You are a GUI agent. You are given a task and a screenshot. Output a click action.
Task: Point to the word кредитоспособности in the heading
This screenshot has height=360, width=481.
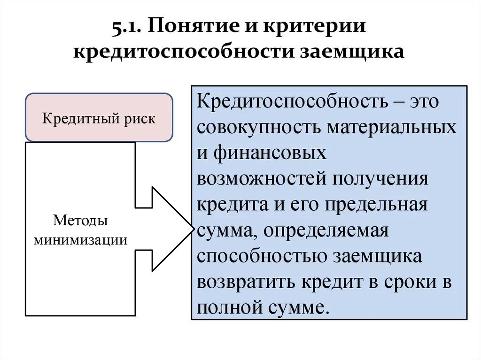click(x=183, y=51)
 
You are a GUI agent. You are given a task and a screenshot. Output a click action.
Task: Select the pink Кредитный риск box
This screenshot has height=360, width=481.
click(x=99, y=118)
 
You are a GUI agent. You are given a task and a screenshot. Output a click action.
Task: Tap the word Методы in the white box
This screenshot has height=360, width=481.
click(x=80, y=220)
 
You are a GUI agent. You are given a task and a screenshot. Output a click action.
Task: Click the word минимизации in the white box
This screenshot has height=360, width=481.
click(x=80, y=240)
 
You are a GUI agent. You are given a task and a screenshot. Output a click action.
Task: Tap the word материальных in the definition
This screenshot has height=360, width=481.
click(x=392, y=128)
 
